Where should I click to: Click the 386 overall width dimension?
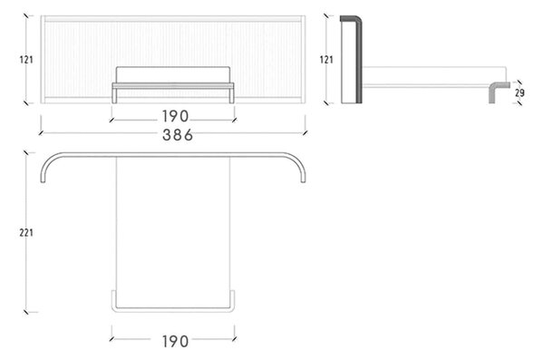178,135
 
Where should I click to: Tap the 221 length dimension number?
26,232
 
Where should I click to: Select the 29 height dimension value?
520,92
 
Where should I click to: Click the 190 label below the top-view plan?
175,342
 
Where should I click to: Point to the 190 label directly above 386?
175,117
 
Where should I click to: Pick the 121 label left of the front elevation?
26,60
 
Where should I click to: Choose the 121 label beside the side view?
326,60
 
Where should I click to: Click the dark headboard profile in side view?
359,59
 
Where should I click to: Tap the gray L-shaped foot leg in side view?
492,92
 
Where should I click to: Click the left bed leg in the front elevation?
114,95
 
